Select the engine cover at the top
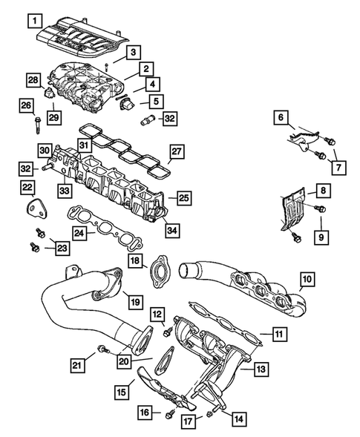tap(79, 41)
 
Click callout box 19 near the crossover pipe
tap(134, 301)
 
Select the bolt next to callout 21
tap(104, 349)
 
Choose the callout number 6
tap(281, 117)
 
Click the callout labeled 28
tap(33, 79)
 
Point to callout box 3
tap(131, 53)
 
